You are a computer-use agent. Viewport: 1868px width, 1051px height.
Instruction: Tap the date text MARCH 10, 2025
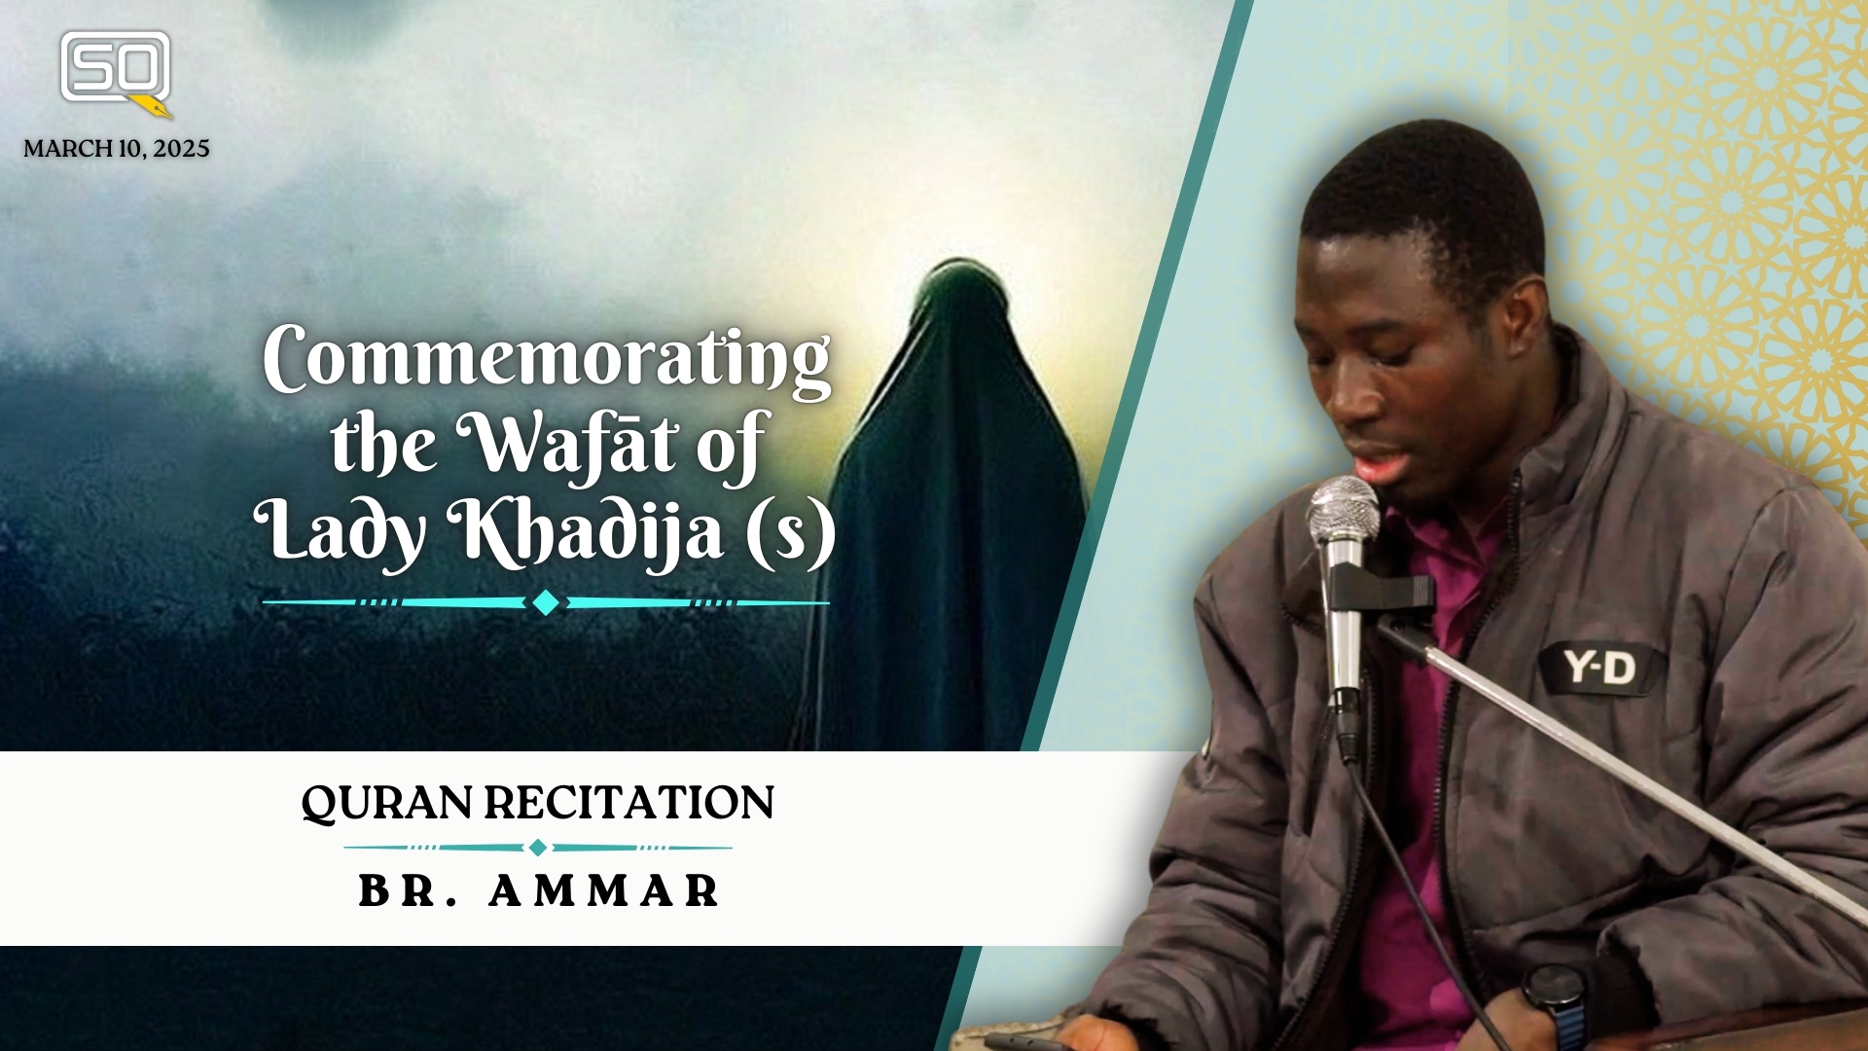[x=117, y=149]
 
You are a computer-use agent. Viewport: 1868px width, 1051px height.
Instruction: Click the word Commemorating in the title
[x=547, y=362]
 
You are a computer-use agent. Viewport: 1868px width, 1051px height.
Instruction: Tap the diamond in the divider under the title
[x=546, y=603]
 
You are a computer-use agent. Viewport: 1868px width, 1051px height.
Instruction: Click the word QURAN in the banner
[x=386, y=804]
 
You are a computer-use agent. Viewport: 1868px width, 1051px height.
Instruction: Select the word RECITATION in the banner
[x=629, y=803]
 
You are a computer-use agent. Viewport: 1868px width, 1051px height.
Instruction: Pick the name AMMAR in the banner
[x=603, y=890]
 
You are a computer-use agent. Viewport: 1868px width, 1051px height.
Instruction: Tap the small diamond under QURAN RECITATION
[x=537, y=848]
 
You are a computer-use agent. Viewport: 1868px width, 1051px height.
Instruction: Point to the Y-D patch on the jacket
[x=1599, y=669]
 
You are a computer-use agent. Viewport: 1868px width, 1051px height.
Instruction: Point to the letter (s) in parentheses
[x=791, y=533]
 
